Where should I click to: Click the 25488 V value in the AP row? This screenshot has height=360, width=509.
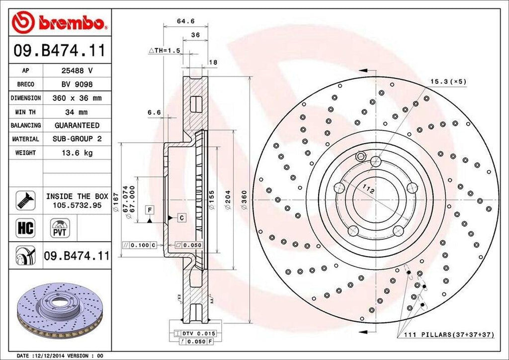(77, 71)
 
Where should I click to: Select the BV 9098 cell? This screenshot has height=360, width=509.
(77, 85)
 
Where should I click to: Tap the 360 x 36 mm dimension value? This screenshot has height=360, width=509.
(77, 98)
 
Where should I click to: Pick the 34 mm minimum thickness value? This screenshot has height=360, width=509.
(77, 112)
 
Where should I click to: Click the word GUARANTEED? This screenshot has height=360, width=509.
(77, 125)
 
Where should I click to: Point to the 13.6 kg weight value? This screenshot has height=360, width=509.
(77, 153)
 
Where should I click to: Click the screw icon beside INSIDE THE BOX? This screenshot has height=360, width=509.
(24, 199)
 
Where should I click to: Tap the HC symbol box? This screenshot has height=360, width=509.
(25, 228)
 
